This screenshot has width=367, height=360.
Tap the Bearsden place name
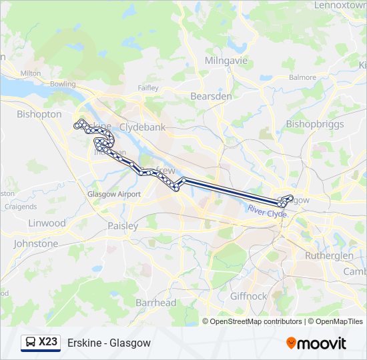[x=211, y=96]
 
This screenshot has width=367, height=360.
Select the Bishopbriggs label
[x=314, y=124]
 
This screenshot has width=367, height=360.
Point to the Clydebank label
[x=142, y=127]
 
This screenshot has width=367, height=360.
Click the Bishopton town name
[x=39, y=114]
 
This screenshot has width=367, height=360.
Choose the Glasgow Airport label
[x=114, y=194]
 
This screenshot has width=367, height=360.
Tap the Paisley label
[x=123, y=226]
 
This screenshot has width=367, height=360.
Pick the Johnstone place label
[x=36, y=244]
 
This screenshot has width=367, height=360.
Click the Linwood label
[x=47, y=223]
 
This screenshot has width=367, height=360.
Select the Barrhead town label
[x=155, y=303]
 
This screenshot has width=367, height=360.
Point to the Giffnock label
[x=249, y=296]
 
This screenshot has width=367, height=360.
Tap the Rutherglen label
[x=329, y=256]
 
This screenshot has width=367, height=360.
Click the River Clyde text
[x=267, y=211]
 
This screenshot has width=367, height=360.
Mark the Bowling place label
[x=63, y=85]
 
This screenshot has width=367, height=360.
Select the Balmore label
[x=303, y=77]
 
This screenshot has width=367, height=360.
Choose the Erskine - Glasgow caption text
[x=109, y=343]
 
